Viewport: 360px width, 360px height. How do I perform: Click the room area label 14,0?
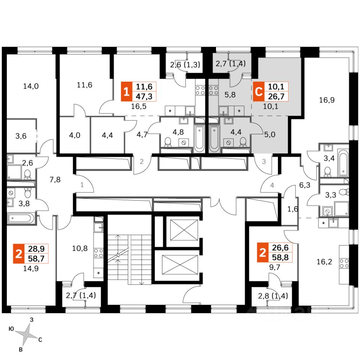[31, 86]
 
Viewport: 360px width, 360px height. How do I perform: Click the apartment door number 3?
[264, 162]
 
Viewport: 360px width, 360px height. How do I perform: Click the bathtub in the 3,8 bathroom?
[21, 217]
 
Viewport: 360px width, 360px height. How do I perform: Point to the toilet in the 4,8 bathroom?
[168, 141]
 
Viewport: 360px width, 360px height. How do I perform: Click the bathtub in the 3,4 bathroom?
[342, 163]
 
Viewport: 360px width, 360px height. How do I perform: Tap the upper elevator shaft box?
[184, 229]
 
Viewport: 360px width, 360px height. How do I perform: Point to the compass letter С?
[40, 340]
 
